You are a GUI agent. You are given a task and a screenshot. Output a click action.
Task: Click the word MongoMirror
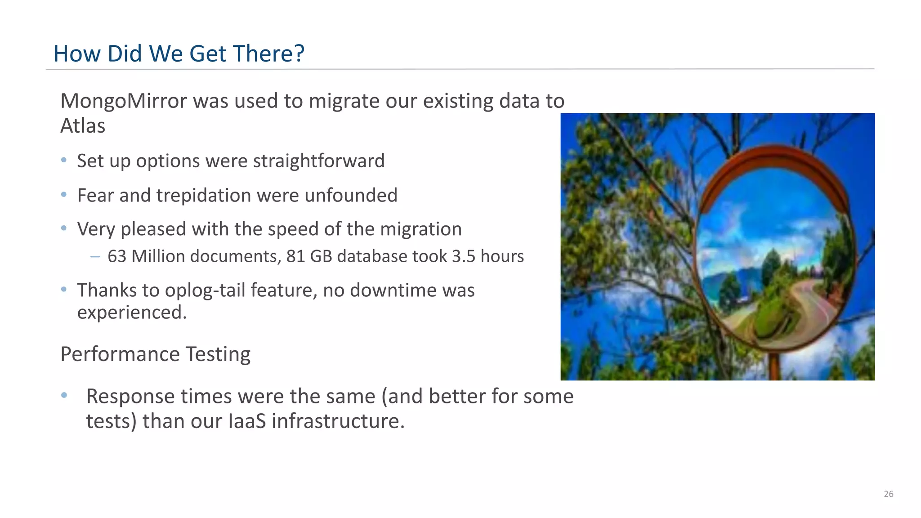click(x=123, y=101)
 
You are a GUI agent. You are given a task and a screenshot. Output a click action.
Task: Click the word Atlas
click(x=83, y=126)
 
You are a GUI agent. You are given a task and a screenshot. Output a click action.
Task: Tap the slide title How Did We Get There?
click(x=179, y=54)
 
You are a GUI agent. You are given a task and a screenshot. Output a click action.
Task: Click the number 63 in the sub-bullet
click(x=117, y=256)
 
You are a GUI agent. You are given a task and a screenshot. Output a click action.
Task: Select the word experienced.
click(x=132, y=313)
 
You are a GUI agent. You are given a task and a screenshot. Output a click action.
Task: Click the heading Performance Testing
click(x=155, y=354)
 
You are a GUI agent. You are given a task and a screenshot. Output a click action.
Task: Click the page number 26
click(x=889, y=494)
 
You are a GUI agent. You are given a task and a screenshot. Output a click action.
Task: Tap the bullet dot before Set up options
click(x=64, y=160)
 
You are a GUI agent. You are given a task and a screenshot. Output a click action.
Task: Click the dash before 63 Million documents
click(x=95, y=257)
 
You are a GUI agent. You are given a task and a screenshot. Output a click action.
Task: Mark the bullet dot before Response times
click(x=64, y=395)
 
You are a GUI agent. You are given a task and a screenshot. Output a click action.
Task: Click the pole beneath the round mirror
click(x=774, y=366)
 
